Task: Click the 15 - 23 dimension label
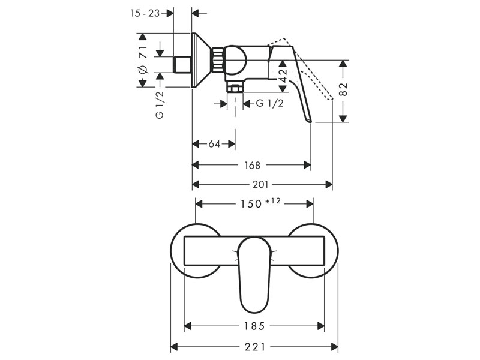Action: coord(145,13)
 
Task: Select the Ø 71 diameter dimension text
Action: coord(143,60)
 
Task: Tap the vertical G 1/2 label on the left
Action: coord(160,105)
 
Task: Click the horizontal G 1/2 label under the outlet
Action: coord(269,103)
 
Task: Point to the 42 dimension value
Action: coord(283,76)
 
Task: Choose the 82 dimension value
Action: coord(344,89)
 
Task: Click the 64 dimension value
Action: coord(214,143)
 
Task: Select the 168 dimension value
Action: coord(252,166)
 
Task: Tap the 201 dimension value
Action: coord(260,185)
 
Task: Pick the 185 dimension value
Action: coord(254,326)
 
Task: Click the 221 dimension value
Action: coord(255,347)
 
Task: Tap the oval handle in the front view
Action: coord(254,275)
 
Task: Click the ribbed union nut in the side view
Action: coord(218,60)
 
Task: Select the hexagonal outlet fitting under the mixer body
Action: coord(235,88)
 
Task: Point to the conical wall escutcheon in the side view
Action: coord(201,60)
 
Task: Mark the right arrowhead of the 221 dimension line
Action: coord(335,347)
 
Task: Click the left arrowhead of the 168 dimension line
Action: coord(196,166)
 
